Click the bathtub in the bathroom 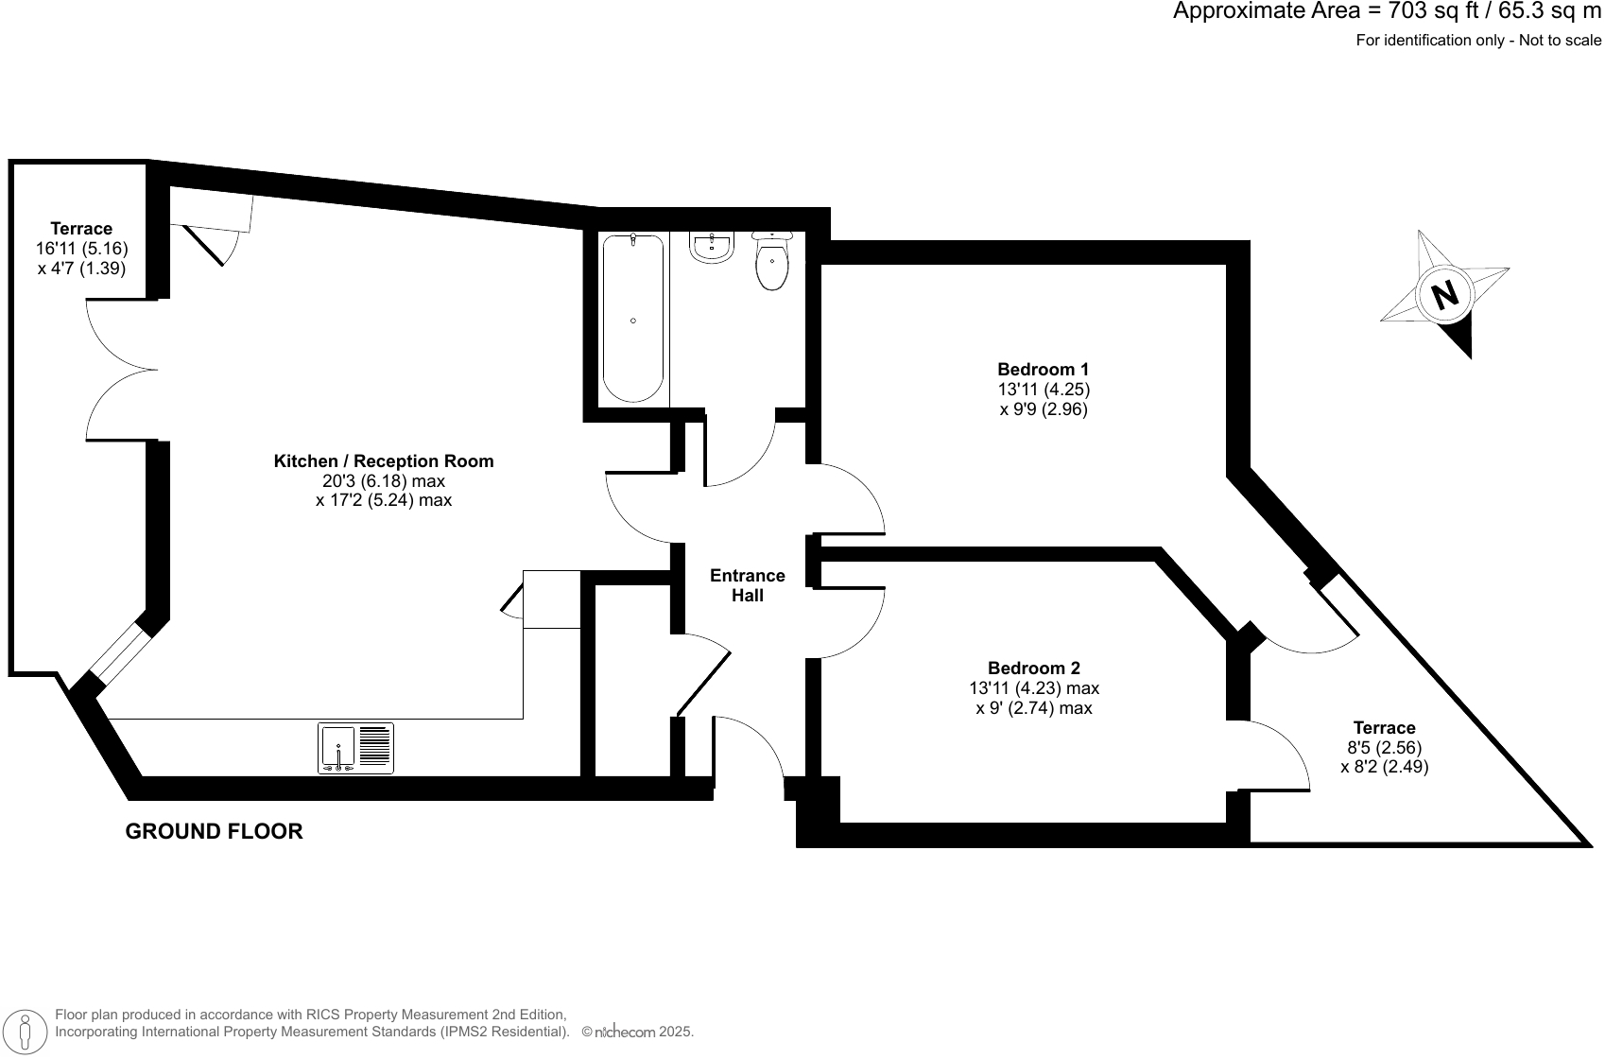click(632, 319)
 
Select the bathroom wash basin click(711, 248)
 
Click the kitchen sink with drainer click(355, 747)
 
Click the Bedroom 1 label click(1043, 369)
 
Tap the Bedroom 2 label click(1033, 668)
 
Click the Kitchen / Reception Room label click(383, 460)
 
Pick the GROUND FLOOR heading click(214, 831)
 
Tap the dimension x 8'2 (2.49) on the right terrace click(1384, 767)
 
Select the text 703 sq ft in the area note click(1432, 11)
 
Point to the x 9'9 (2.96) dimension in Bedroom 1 click(1043, 409)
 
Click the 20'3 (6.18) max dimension click(383, 480)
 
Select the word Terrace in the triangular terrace click(1384, 727)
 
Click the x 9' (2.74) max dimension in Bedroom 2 click(1033, 707)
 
